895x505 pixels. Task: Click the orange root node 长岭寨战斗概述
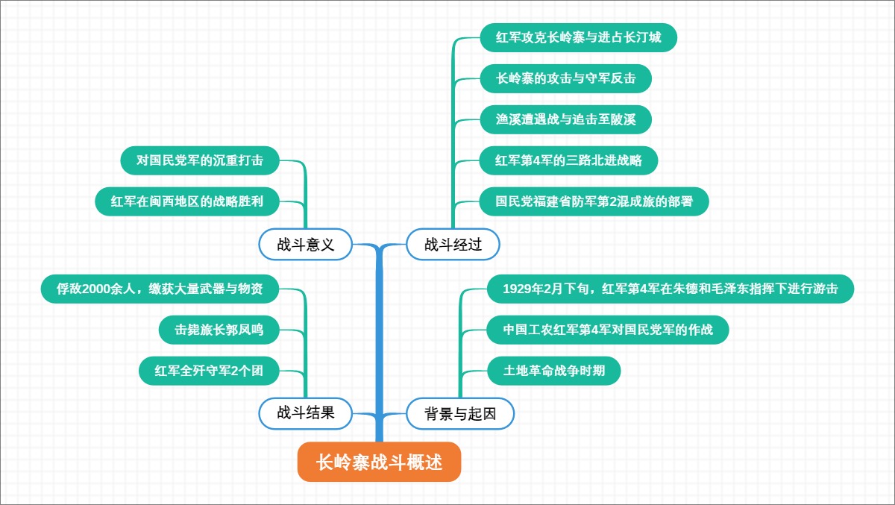(379, 462)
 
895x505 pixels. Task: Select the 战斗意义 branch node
(306, 244)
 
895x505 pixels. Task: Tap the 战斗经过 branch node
(453, 244)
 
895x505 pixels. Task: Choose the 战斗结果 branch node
(306, 413)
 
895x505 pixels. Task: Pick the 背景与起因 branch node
(460, 413)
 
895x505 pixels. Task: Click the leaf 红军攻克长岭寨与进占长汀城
(578, 37)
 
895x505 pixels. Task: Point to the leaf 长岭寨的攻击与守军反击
(565, 78)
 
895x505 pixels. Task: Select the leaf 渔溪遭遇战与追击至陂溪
(565, 119)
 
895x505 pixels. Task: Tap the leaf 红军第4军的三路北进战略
(568, 160)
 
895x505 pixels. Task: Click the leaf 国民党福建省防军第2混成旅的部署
(594, 201)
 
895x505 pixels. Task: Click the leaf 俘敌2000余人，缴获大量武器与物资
(160, 289)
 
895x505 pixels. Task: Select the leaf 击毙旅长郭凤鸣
(219, 330)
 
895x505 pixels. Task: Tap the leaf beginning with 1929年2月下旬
(670, 289)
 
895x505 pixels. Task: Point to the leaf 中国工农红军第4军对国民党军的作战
(607, 330)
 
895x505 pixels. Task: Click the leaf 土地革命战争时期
(553, 371)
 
